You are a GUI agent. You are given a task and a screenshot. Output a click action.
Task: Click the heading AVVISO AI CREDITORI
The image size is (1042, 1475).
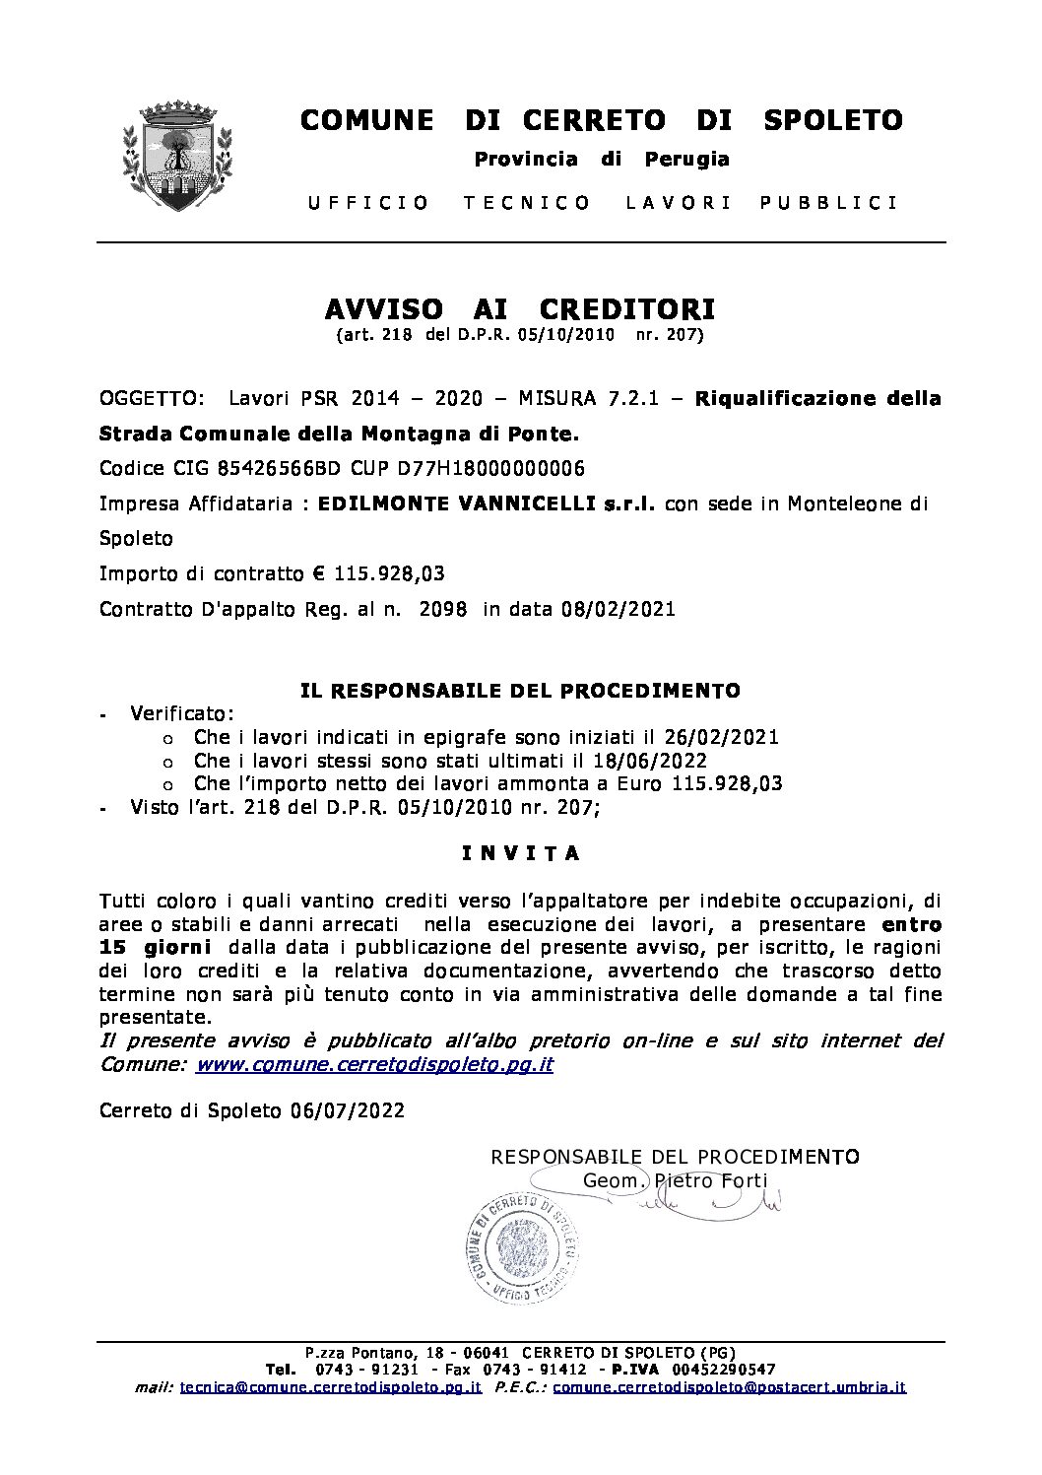click(520, 309)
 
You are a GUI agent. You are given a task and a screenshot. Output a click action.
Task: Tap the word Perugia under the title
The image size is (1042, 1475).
click(686, 159)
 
